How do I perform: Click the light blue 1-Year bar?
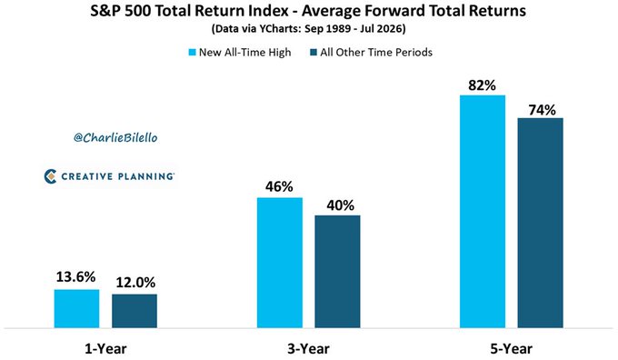[77, 309]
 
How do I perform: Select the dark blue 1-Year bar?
[135, 311]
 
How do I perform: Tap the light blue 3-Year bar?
[280, 263]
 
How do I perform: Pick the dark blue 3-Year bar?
[337, 272]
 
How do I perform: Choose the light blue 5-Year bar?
[483, 211]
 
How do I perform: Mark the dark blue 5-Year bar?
[541, 223]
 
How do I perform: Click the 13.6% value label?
[75, 276]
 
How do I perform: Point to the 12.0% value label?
[135, 283]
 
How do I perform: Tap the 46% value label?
[279, 186]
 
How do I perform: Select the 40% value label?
[341, 205]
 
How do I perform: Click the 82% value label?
[482, 85]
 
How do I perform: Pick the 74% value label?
[543, 110]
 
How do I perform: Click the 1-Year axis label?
[105, 348]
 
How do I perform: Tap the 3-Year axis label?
[308, 348]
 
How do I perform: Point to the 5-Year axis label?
[511, 348]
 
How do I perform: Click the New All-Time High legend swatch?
[193, 53]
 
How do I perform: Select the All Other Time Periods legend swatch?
[314, 53]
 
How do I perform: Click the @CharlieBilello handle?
[115, 137]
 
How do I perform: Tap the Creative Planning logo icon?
[51, 176]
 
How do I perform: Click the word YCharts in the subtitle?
[280, 29]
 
